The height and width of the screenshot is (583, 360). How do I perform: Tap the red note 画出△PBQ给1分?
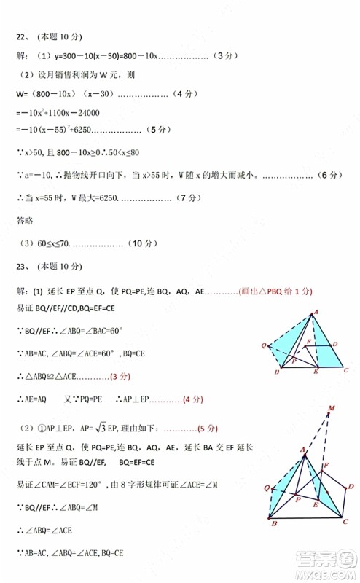[x=275, y=291]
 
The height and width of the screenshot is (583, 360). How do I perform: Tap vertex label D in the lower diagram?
[x=351, y=486]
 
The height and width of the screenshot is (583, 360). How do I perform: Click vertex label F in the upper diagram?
[x=309, y=342]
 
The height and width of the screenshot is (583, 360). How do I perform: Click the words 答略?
[x=25, y=219]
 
